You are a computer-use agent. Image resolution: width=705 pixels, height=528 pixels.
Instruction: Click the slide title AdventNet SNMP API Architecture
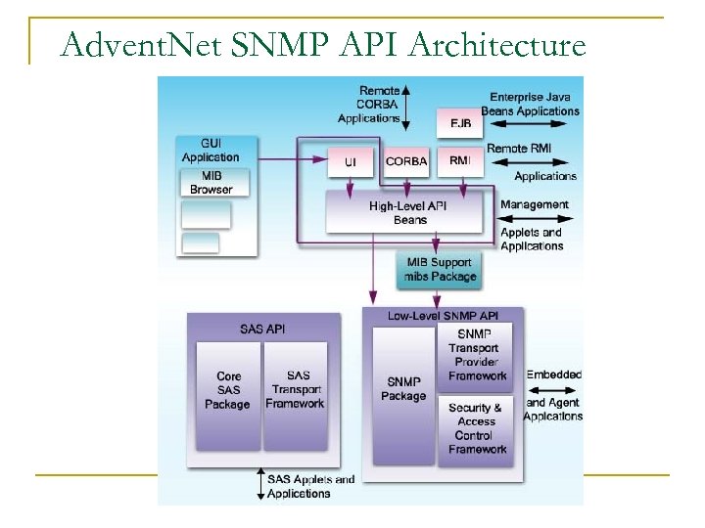click(322, 46)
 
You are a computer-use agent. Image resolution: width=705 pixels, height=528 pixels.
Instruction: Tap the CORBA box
click(406, 160)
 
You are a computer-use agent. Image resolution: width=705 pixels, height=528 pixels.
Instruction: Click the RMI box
click(459, 159)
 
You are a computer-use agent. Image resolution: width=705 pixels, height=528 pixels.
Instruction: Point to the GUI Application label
click(210, 150)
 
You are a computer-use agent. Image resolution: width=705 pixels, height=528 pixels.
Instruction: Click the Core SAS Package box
click(227, 390)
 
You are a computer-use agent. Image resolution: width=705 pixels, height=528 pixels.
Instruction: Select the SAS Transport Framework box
click(298, 390)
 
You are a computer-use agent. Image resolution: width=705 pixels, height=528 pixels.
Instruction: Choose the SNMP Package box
click(403, 389)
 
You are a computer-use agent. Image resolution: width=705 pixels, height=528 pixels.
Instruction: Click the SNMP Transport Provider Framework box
click(477, 355)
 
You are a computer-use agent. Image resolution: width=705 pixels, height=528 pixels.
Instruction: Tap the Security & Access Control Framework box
click(477, 428)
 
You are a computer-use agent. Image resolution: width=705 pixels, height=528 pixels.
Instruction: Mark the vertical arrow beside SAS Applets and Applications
click(259, 485)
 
